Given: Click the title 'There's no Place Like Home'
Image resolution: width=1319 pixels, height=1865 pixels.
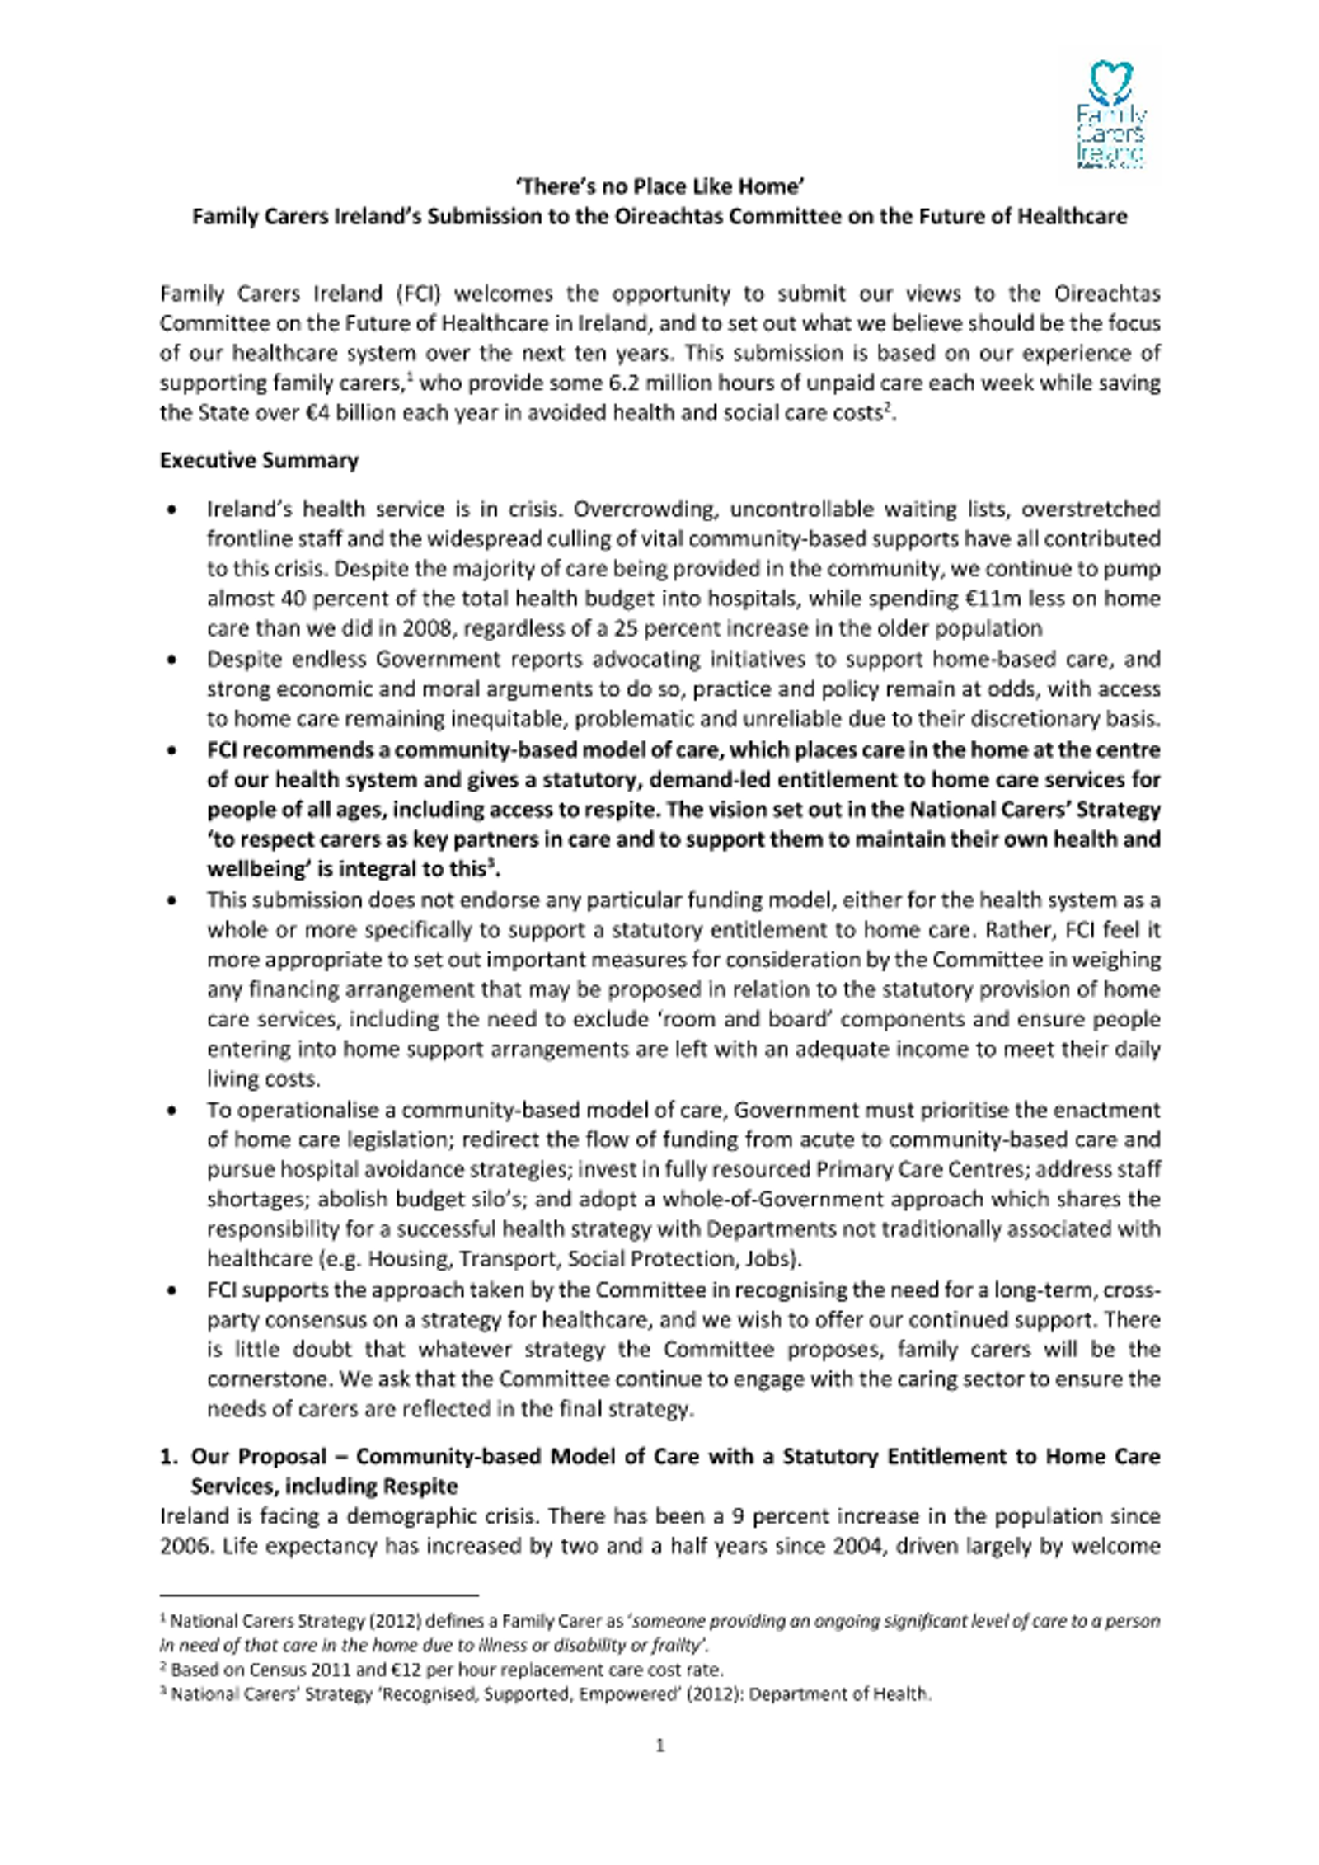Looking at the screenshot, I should point(659,187).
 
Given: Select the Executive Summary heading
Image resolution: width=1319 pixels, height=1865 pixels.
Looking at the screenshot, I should point(259,460).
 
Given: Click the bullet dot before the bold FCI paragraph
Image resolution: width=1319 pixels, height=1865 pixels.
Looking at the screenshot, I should point(171,751).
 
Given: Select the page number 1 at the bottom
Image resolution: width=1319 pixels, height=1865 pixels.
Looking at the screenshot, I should point(659,1745).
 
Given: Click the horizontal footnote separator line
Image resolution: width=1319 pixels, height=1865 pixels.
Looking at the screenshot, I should point(319,1595).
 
